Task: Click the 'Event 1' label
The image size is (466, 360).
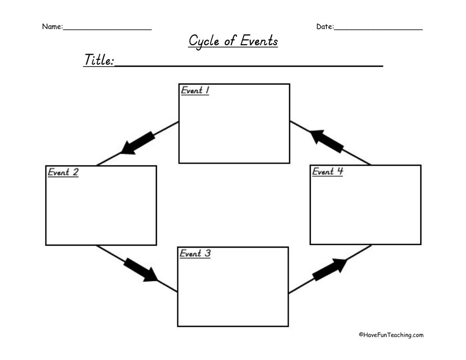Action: [195, 90]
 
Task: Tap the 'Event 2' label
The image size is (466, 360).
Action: [63, 172]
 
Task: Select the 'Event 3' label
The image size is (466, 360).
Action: [195, 254]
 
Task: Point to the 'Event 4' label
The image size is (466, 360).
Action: [327, 171]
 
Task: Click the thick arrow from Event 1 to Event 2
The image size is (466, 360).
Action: [138, 143]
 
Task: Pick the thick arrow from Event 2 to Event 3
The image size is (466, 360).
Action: [140, 270]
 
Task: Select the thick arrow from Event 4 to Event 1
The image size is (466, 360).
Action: [327, 141]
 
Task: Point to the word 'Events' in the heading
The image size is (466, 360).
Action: [259, 41]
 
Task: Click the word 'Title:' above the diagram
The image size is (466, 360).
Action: [99, 60]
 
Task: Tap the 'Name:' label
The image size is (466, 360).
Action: [52, 27]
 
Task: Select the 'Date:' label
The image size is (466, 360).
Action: [325, 27]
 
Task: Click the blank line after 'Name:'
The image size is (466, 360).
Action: [107, 29]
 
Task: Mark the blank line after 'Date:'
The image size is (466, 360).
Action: [378, 29]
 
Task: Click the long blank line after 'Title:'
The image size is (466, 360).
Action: [249, 66]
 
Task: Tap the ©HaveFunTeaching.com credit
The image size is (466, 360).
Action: [391, 335]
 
